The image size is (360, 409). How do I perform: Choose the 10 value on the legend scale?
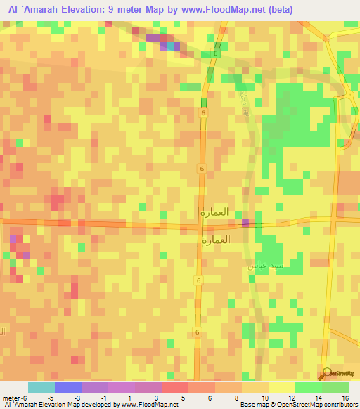264,398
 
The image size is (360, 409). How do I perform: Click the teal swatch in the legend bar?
41,387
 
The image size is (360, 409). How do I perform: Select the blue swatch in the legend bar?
68,387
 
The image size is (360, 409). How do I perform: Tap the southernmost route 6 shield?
198,332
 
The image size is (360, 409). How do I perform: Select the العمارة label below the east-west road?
215,240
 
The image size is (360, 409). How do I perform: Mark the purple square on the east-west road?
245,223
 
